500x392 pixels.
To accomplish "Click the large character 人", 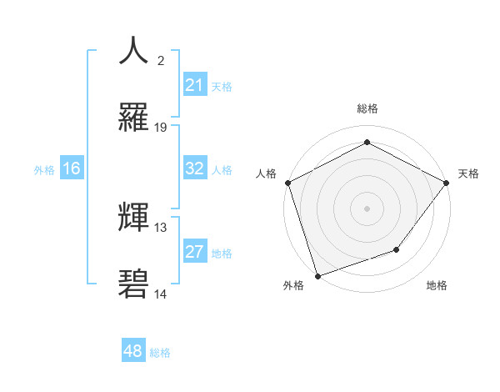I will click(x=133, y=51).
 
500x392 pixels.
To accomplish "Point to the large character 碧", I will click(x=133, y=284).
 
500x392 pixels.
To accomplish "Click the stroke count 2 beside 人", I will click(x=161, y=61).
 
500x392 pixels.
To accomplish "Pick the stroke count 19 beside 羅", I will click(x=161, y=128).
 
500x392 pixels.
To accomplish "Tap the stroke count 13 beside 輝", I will click(x=161, y=227).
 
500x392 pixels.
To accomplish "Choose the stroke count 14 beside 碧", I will click(x=161, y=294).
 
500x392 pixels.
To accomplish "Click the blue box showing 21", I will click(x=195, y=85).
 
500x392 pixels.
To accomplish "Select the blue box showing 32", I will click(x=195, y=168).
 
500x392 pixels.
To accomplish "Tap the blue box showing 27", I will click(x=195, y=252).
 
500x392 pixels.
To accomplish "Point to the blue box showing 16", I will click(x=72, y=168).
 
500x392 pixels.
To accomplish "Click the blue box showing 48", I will click(x=133, y=351).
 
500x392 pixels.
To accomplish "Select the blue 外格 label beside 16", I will click(x=44, y=169).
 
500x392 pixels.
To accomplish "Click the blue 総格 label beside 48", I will click(x=160, y=353).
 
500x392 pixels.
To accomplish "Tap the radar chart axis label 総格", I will click(x=367, y=108).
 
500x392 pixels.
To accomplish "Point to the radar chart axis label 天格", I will click(x=469, y=173).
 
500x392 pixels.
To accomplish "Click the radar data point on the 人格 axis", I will click(x=287, y=183).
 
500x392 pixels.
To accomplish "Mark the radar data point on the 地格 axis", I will click(x=397, y=249).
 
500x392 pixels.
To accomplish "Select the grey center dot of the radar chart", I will click(x=367, y=208).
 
